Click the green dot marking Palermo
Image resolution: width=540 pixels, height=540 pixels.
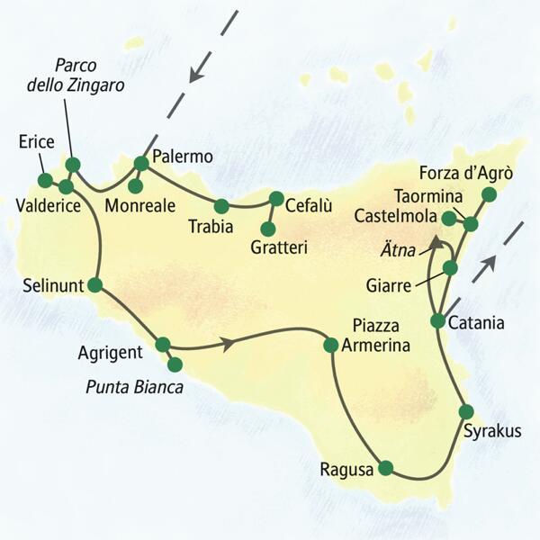(141, 163)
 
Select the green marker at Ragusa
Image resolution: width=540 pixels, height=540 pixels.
(386, 467)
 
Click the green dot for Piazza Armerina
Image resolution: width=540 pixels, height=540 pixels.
(330, 344)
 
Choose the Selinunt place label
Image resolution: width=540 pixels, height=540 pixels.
(51, 287)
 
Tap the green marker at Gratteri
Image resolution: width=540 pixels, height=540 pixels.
(267, 229)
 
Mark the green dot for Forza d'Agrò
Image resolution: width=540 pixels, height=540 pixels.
(489, 194)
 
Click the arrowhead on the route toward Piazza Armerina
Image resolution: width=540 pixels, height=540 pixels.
(231, 342)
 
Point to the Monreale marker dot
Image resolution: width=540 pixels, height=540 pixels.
(134, 186)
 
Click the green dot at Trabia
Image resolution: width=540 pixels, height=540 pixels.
(221, 205)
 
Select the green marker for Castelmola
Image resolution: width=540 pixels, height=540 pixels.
(449, 217)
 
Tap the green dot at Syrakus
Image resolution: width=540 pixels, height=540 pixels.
(465, 411)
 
